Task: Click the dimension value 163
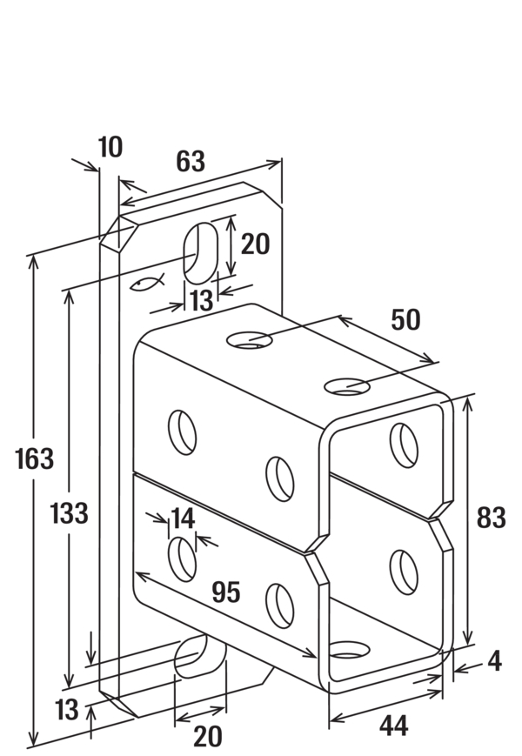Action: point(34,458)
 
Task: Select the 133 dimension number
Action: point(70,512)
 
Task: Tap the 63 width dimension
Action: point(191,161)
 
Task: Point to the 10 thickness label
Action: point(110,147)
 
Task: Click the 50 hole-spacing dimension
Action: point(405,319)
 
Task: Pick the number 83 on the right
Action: point(492,518)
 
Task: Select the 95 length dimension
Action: point(226,592)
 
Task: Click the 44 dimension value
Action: point(394,726)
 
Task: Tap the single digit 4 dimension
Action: point(494,661)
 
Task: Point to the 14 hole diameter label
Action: point(183,518)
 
